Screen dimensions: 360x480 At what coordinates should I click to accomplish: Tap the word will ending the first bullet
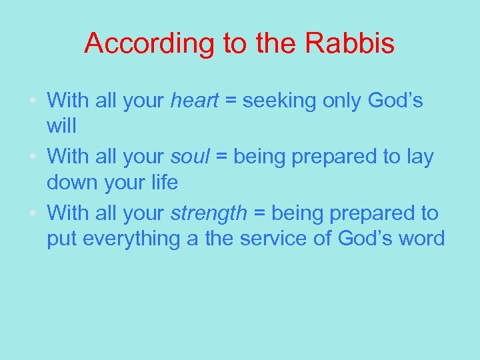[x=61, y=125]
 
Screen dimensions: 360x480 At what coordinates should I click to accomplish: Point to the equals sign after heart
[x=231, y=101]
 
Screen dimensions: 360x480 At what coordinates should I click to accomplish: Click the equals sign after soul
[x=221, y=158]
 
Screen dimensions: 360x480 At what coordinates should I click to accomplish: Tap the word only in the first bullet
[x=344, y=101]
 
